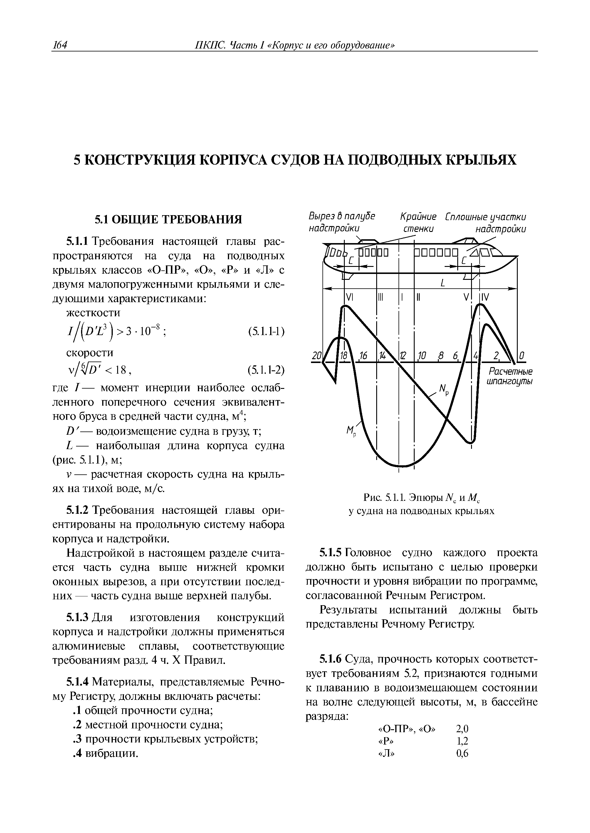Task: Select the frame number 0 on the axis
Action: tap(522, 355)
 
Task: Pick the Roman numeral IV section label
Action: tap(485, 297)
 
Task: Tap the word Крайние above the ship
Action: tap(418, 217)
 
